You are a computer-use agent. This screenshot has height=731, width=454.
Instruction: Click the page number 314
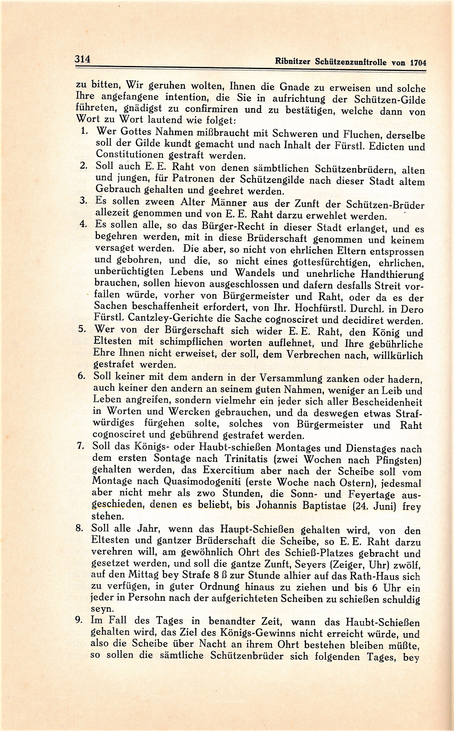click(x=83, y=59)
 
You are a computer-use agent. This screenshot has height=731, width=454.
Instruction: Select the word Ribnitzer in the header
click(x=293, y=61)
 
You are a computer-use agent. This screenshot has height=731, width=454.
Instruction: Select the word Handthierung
click(x=392, y=275)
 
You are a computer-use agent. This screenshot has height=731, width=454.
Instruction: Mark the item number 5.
click(x=82, y=329)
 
